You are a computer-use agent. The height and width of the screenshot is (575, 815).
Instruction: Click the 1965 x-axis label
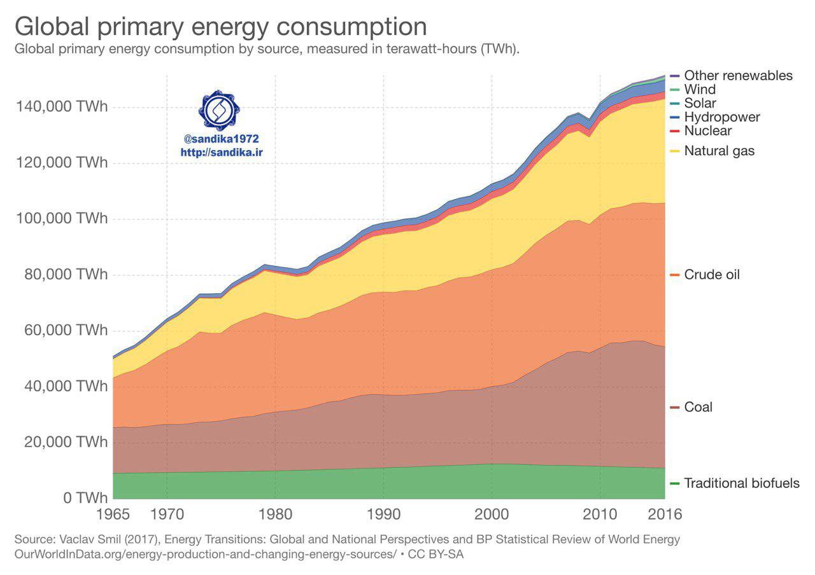pos(113,513)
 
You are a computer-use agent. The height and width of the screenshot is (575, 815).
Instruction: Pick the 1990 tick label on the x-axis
pos(383,513)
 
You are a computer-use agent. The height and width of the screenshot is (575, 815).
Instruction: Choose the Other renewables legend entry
pos(738,76)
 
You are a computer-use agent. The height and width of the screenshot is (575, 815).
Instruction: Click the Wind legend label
pos(700,90)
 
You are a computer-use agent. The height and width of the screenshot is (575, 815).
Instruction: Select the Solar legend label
pos(700,103)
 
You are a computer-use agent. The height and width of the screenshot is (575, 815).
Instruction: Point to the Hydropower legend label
pos(721,117)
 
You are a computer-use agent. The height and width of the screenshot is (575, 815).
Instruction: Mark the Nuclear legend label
pos(707,131)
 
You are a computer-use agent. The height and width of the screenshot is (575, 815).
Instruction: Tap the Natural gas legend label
pos(719,151)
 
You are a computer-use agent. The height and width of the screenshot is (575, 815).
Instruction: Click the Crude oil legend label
pos(712,275)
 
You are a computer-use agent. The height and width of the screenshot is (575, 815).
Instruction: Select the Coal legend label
pos(698,407)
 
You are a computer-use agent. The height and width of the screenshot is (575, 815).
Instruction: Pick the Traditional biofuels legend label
pos(741,483)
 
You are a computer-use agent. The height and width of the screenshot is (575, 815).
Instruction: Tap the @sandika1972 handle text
pos(220,139)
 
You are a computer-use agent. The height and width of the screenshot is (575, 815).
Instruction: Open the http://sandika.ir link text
pos(220,153)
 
